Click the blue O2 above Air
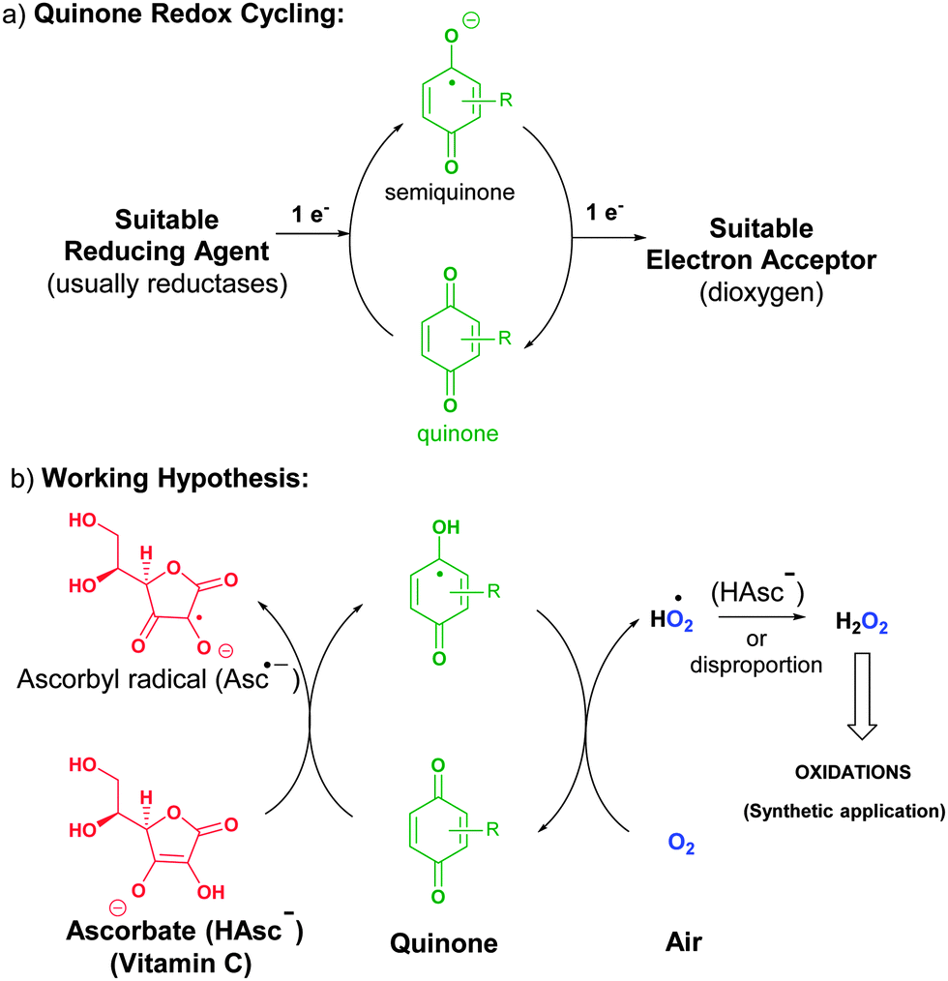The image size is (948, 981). tap(682, 845)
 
